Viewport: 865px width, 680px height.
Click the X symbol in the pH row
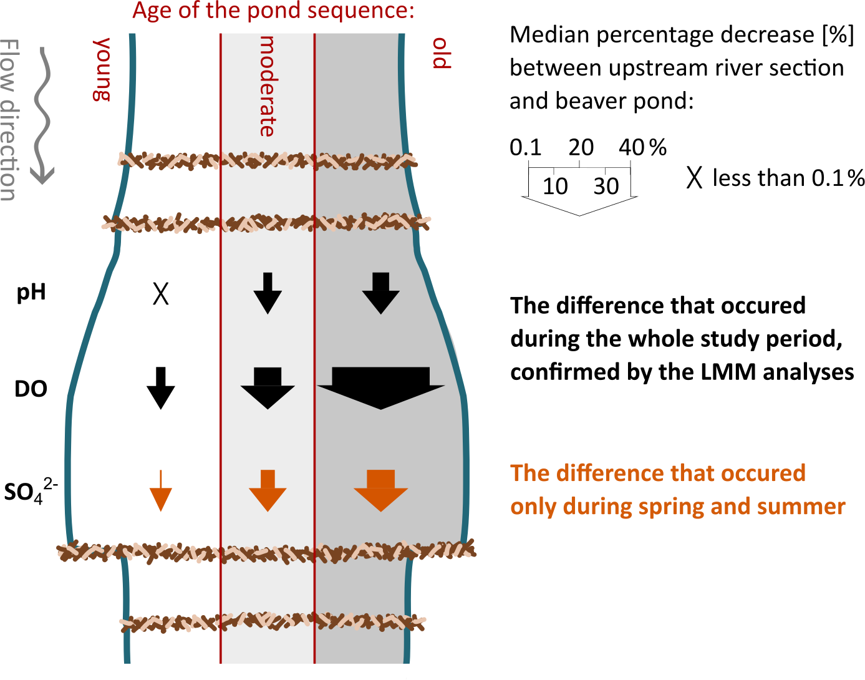coord(161,294)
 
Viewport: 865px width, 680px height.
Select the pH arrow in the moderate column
coord(268,293)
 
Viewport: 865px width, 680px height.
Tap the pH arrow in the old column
coord(380,293)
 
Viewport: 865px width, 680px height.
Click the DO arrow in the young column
coord(161,388)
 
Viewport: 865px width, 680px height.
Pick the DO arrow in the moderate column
coord(268,388)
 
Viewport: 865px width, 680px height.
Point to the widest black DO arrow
coord(380,388)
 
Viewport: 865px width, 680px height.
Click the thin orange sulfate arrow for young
coord(161,490)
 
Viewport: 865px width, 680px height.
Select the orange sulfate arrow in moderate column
coord(268,490)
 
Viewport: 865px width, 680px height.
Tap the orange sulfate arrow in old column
coord(380,490)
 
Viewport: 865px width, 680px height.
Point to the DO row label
coord(31,389)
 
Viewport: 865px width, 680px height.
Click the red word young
coord(102,69)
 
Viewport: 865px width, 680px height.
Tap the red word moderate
coord(267,86)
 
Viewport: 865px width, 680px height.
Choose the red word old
coord(442,53)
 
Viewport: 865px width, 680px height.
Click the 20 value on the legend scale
coord(581,147)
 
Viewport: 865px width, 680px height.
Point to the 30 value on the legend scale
coord(606,186)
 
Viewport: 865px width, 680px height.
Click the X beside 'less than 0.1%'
coord(694,178)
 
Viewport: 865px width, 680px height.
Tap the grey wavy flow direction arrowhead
coord(42,175)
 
